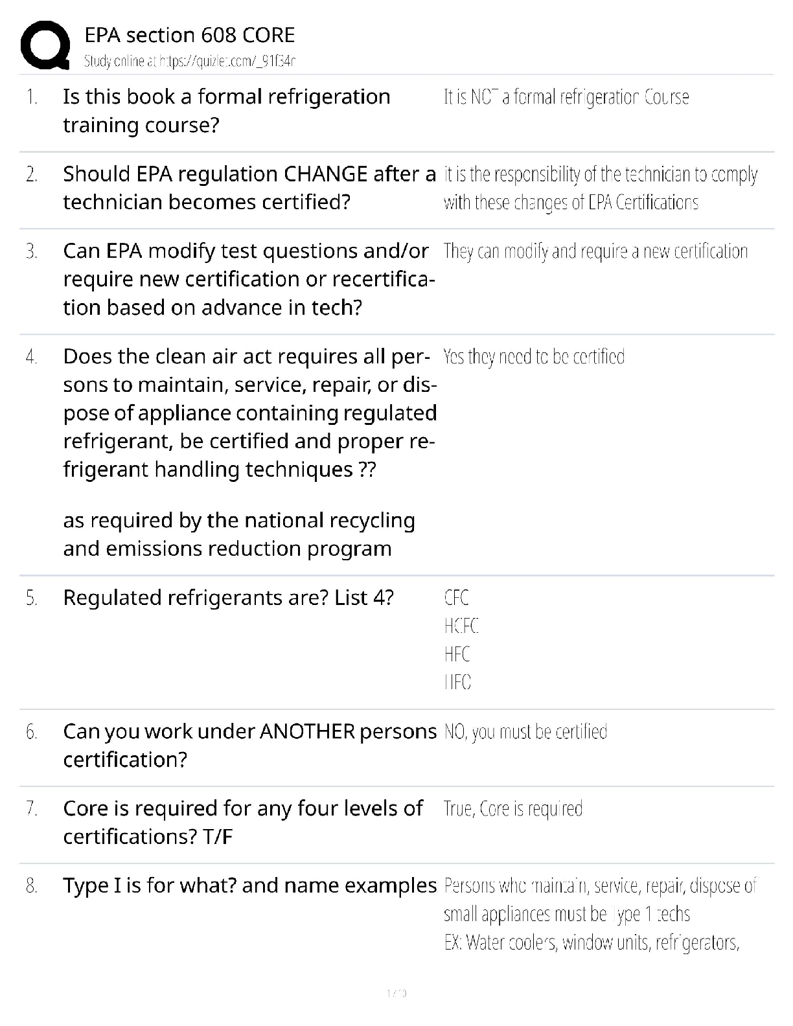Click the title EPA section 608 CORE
tap(189, 35)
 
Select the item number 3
tap(32, 251)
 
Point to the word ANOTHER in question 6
tap(307, 732)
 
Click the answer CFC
tap(456, 598)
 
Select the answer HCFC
tap(461, 626)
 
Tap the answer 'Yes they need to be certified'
tap(534, 357)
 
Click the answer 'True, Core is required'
tap(512, 809)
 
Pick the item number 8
tap(32, 886)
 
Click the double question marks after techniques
tap(367, 470)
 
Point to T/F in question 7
tap(217, 837)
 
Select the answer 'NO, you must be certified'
tap(525, 732)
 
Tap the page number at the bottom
tap(396, 992)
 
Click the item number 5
tap(32, 598)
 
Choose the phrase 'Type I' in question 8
tap(91, 885)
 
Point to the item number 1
tap(32, 98)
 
